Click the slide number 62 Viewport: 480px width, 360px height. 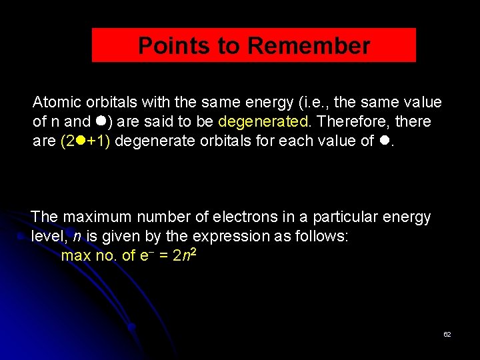447,334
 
